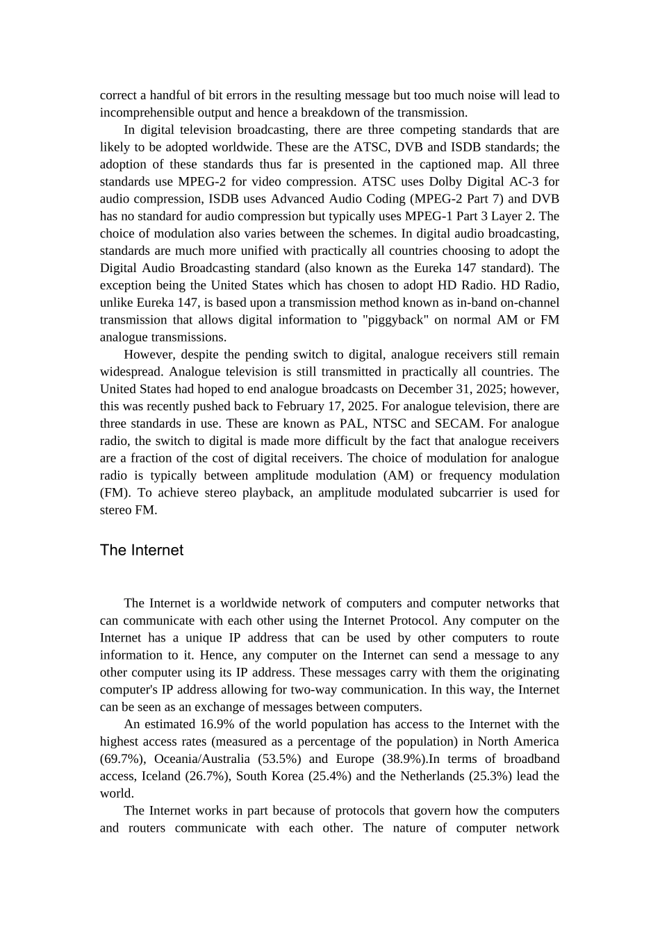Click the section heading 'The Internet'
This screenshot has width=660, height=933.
click(x=141, y=550)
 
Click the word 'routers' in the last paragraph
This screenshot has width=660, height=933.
click(x=147, y=828)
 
